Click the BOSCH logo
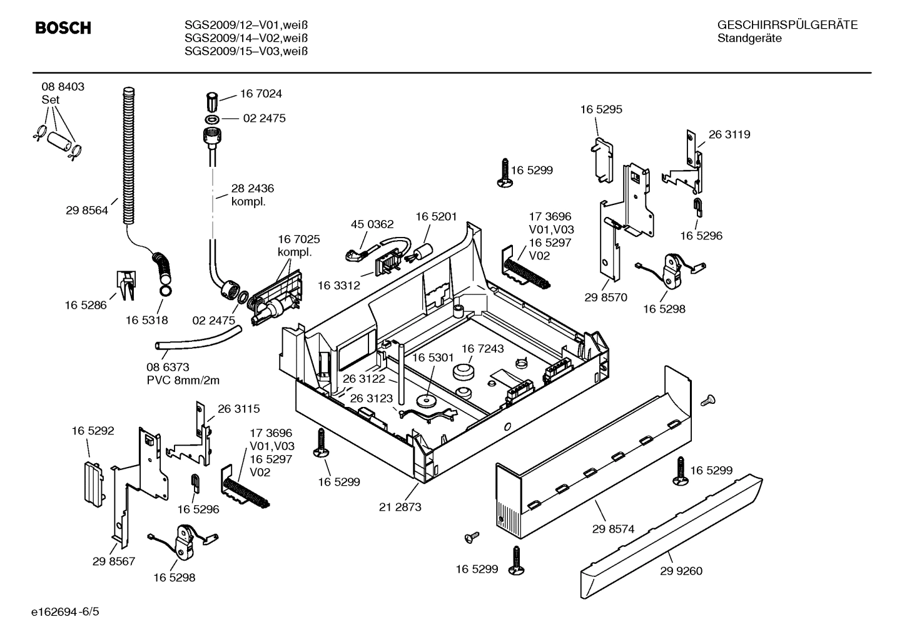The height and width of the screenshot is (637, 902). tap(63, 28)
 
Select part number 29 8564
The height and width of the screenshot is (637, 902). tap(87, 211)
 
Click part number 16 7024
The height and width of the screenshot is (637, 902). tap(261, 94)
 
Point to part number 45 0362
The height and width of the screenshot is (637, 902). tap(372, 224)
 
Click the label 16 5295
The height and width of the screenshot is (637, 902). tap(601, 109)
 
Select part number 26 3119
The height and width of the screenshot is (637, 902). tap(729, 134)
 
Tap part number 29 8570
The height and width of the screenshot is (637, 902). tap(606, 298)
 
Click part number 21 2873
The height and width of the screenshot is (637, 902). tap(400, 507)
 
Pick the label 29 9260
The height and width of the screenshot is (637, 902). tap(681, 571)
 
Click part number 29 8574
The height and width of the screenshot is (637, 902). tap(613, 529)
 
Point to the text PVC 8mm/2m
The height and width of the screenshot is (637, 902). tap(183, 381)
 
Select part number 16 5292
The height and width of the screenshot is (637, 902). tap(93, 431)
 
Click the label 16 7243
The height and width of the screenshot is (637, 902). tap(483, 348)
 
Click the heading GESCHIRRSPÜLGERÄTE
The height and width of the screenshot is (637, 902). tap(788, 26)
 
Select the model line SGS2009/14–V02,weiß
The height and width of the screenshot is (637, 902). tap(246, 38)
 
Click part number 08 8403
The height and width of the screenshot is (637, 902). tap(63, 87)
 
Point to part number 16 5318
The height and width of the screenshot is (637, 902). tap(147, 320)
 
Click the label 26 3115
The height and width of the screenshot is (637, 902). tap(239, 409)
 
